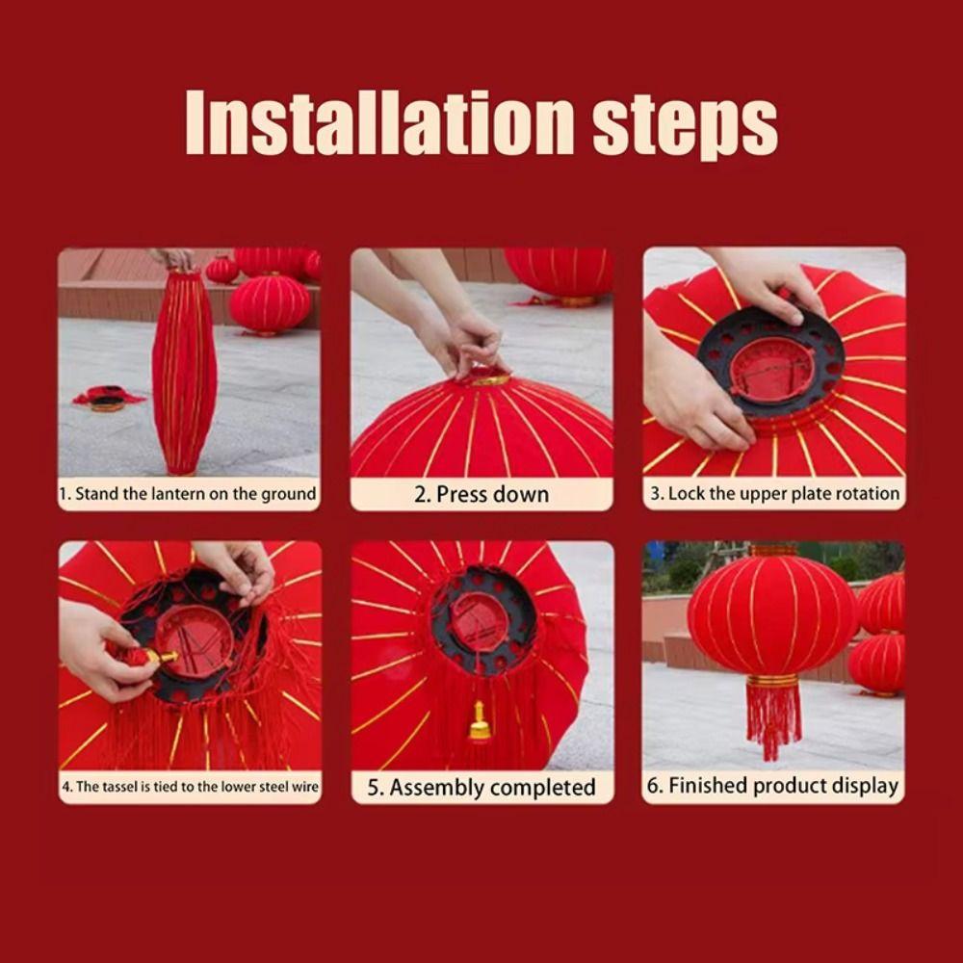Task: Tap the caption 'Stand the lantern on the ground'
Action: tap(188, 494)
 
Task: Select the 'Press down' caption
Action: tap(481, 494)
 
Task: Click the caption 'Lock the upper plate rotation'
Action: tap(774, 494)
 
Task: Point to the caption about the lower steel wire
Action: tap(190, 787)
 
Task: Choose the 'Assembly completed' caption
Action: tap(481, 788)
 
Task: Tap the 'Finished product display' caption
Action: tap(774, 786)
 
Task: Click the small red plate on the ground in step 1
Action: tap(108, 398)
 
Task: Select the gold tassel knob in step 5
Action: tap(479, 722)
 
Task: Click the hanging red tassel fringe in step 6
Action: tap(772, 717)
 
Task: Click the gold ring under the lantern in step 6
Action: tap(772, 680)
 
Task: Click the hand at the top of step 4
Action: tap(236, 568)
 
